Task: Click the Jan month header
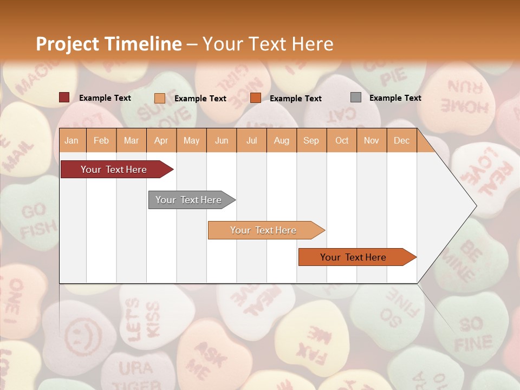(x=71, y=141)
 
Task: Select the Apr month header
(x=161, y=141)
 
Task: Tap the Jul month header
(x=251, y=141)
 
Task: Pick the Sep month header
(x=311, y=141)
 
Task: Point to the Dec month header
(x=401, y=141)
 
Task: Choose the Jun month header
(x=222, y=141)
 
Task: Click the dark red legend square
(x=64, y=97)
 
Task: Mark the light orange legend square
(x=160, y=98)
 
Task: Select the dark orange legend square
(x=256, y=98)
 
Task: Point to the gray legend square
(x=356, y=97)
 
